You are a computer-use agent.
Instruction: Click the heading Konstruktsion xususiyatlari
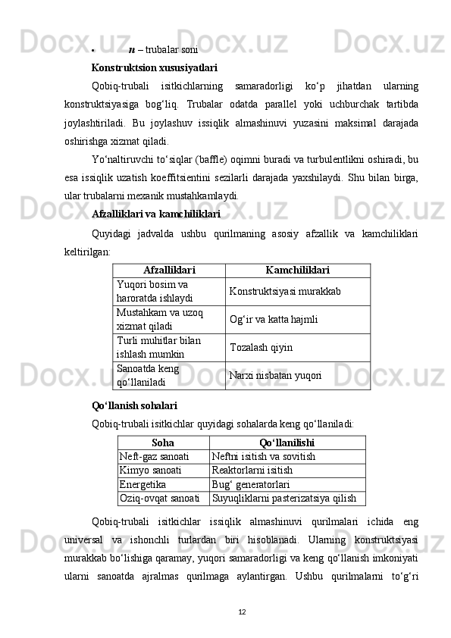[155, 67]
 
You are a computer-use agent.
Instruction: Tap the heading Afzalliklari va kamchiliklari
[156, 213]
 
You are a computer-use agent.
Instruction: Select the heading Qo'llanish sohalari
[134, 406]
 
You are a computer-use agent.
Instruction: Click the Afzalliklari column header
[168, 271]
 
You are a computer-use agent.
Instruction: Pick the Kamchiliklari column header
[297, 271]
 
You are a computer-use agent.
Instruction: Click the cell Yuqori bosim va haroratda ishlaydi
[154, 291]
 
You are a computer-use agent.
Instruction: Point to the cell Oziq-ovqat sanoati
[160, 499]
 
